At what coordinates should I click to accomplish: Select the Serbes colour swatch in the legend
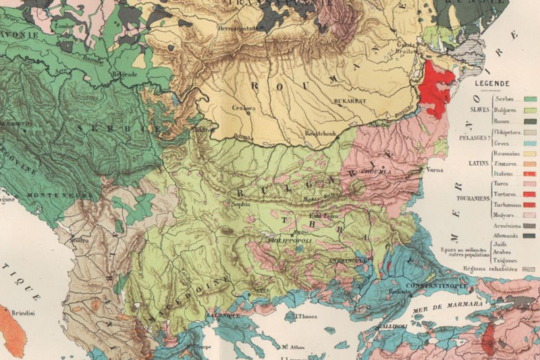(529, 99)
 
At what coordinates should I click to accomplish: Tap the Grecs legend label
(495, 144)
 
